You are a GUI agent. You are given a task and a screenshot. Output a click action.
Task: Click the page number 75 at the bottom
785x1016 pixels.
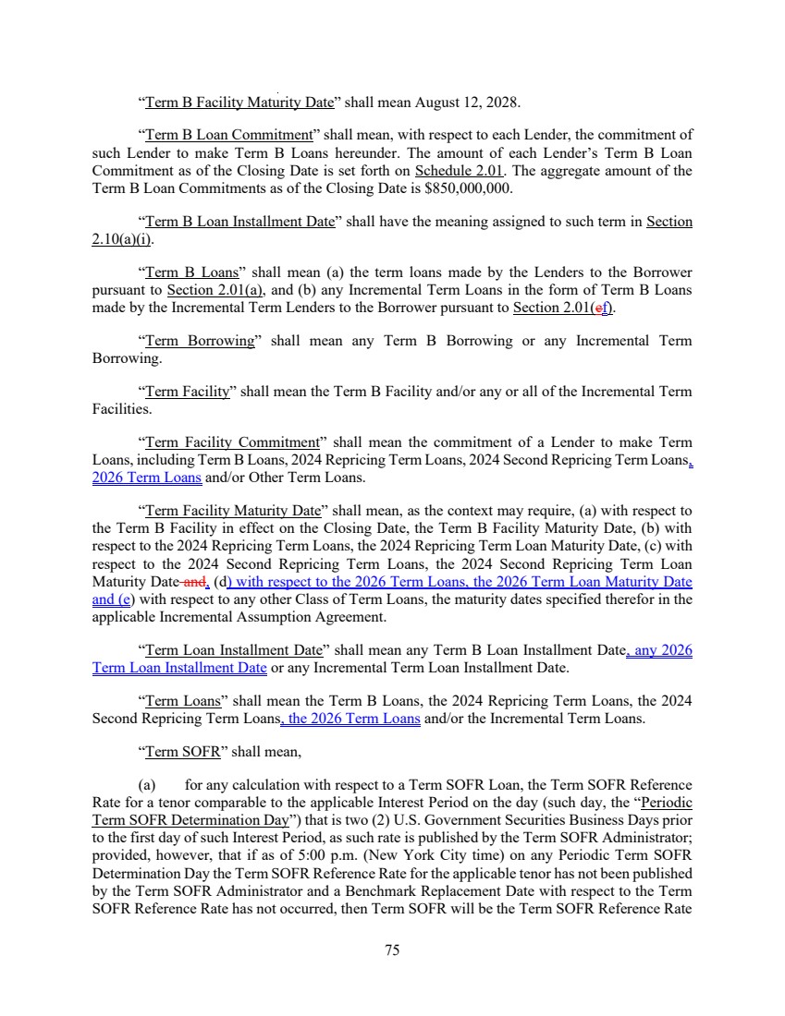392,949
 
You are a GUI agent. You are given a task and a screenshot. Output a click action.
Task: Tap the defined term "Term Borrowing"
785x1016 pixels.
200,341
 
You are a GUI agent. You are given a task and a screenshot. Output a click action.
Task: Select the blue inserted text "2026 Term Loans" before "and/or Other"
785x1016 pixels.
147,478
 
